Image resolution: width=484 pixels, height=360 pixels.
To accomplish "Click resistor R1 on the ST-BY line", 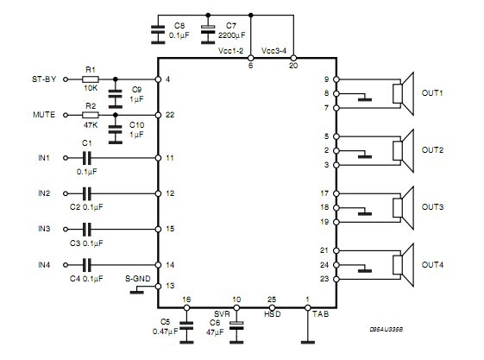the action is point(91,79).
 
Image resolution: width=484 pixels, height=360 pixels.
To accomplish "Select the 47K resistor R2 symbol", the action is point(91,115).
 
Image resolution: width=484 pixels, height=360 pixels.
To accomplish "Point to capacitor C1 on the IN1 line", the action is point(87,158).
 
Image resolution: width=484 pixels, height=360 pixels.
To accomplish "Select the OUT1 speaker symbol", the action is point(403,93).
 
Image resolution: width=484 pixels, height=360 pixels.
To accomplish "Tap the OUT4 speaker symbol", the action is point(403,265).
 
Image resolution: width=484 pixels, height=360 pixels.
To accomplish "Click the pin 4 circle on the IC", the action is point(158,79).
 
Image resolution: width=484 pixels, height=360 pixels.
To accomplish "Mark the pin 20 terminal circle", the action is point(293,58).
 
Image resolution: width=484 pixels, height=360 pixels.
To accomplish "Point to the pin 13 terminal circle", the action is point(158,287).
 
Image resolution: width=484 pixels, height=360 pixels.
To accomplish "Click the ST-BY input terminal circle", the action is point(66,79).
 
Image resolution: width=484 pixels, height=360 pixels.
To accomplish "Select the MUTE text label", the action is point(44,115).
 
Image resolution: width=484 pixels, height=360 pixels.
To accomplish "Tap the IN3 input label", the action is point(44,229).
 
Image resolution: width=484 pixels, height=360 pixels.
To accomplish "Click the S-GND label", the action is point(138,279).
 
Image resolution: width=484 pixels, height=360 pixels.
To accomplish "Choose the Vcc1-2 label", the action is point(230,51).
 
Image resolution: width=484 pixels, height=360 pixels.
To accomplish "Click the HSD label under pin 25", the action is point(273,314).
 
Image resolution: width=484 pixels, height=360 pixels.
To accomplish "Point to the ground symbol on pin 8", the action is point(365,98).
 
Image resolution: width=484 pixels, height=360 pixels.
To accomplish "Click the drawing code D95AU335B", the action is point(387,329).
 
